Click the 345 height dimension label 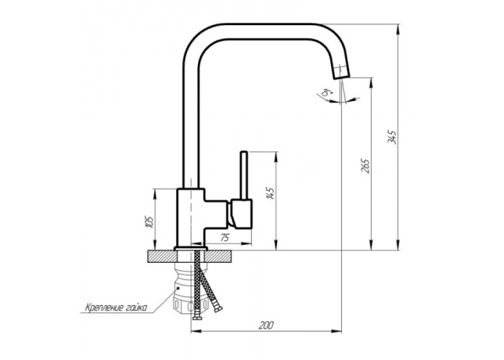tap(392, 137)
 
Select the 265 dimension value tap(366, 166)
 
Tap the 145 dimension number tap(270, 194)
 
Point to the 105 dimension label tap(150, 222)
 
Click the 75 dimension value tap(225, 238)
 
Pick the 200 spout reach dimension tap(266, 325)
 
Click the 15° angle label tap(327, 94)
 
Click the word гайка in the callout tap(136, 308)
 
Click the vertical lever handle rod tap(244, 175)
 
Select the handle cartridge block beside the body tap(241, 214)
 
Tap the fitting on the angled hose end tap(217, 307)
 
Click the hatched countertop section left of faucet tap(162, 257)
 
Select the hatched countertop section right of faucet tap(218, 257)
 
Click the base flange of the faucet tap(191, 248)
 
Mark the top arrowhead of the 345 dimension tap(398, 29)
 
